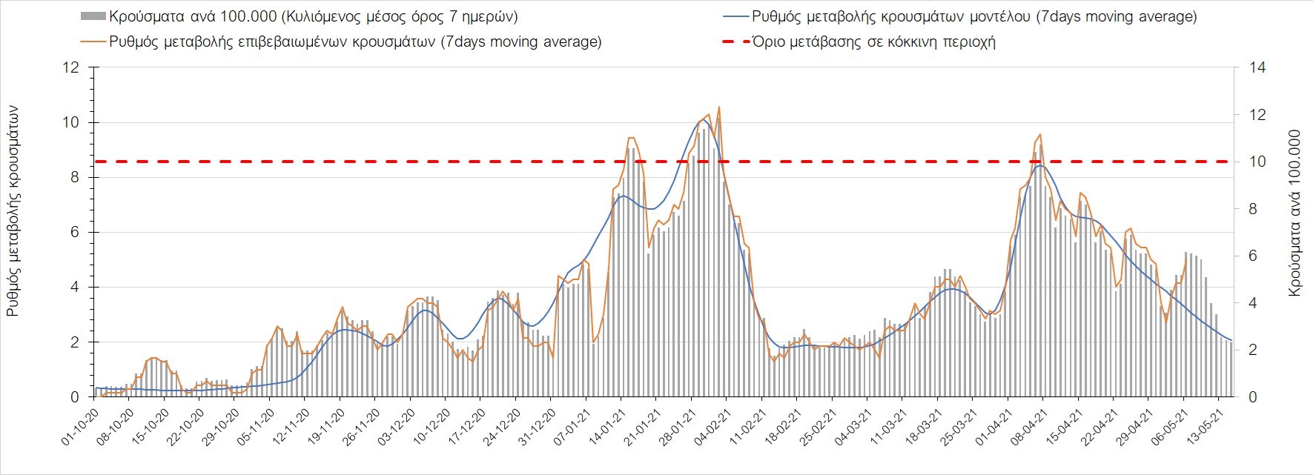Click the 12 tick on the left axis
71,67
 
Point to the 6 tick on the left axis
75,233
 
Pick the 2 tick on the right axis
1254,351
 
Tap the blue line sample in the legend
734,16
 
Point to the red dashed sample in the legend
734,41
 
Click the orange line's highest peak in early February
719,107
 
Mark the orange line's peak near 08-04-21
1041,134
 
